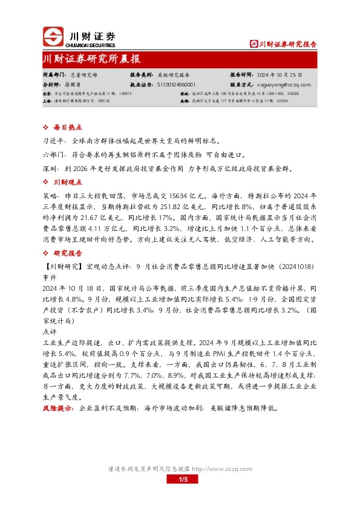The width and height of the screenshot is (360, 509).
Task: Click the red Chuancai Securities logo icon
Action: point(52,37)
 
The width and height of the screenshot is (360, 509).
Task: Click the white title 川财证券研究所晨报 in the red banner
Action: point(91,59)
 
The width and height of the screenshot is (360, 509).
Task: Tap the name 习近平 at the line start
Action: point(53,139)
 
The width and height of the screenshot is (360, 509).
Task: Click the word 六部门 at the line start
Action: point(53,154)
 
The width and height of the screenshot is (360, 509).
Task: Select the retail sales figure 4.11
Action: point(103,232)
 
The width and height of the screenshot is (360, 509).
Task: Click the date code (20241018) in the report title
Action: point(294,267)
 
